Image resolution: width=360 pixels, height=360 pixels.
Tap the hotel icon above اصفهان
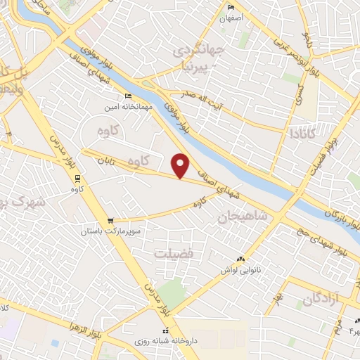coord(232,8)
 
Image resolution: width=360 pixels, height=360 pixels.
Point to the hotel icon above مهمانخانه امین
coord(127,96)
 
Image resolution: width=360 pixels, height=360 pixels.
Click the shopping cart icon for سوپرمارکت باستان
coord(109,220)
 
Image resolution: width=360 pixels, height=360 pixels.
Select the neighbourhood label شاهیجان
coord(244,217)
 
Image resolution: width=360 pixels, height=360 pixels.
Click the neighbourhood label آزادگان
coord(321,299)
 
